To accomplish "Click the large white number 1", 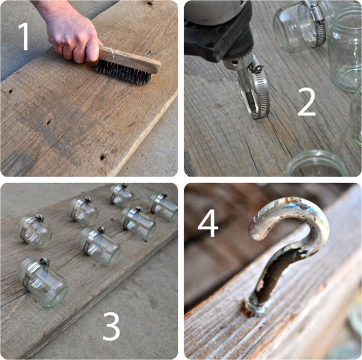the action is pos(24,37).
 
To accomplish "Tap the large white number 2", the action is pos(306,102).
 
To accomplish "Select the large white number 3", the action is pos(111,326).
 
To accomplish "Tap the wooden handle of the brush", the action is pos(129,59).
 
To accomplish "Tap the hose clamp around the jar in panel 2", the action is pos(315,23).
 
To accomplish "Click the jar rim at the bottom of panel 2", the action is pos(316,162).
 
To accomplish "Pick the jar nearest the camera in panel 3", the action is pos(41,282).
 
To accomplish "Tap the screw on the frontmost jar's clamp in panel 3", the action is pos(45,261).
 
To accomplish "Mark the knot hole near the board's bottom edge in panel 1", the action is pos(103,157).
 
